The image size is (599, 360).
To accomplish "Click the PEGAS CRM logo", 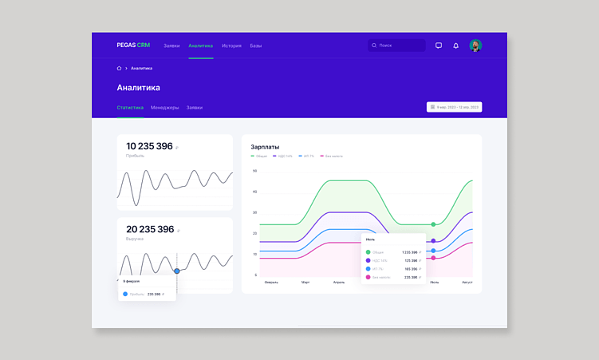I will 132,45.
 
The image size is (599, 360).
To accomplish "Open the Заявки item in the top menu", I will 171,45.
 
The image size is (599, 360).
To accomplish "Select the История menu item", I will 231,45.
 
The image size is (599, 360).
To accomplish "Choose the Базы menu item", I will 255,45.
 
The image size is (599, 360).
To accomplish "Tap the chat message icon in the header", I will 439,45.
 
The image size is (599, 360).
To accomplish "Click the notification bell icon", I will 456,45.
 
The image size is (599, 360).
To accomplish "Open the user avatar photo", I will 475,45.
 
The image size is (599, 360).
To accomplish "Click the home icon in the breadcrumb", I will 119,68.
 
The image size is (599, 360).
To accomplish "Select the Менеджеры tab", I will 165,107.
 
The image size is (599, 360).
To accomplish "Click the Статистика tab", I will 130,107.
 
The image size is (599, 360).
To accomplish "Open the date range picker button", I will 455,107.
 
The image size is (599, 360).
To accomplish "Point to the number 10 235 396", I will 149,146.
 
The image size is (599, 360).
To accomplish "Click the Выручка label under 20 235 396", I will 135,239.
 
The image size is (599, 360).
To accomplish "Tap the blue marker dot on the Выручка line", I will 177,271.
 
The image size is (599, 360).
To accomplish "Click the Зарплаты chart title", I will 265,147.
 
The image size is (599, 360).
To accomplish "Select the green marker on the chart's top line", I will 433,224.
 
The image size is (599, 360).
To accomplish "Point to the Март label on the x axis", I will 305,282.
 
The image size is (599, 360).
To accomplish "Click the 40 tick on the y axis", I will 255,192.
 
